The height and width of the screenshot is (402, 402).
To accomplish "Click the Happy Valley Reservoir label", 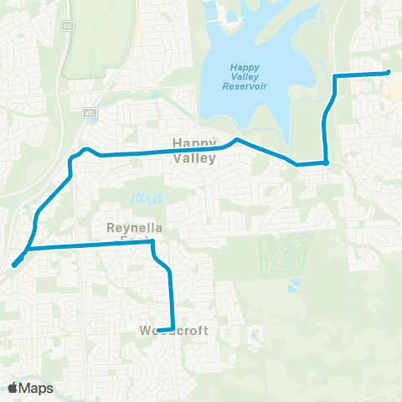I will pyautogui.click(x=246, y=77).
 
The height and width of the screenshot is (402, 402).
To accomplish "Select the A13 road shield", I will pyautogui.click(x=89, y=111).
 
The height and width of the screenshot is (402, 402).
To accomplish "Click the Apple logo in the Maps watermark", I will pyautogui.click(x=13, y=388).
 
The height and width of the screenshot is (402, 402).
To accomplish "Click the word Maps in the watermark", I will pyautogui.click(x=37, y=388).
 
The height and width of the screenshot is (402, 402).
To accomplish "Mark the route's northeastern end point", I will pyautogui.click(x=389, y=73).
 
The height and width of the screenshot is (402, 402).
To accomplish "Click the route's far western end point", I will pyautogui.click(x=15, y=265).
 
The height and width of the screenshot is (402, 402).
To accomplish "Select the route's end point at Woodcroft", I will pyautogui.click(x=159, y=329).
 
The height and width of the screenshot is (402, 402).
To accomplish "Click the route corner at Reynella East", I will pyautogui.click(x=152, y=243).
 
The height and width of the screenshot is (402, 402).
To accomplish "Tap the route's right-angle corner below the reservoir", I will pyautogui.click(x=326, y=163).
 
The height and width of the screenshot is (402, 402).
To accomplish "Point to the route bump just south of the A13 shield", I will pyautogui.click(x=85, y=150).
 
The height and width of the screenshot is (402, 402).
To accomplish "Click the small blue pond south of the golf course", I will pyautogui.click(x=292, y=286).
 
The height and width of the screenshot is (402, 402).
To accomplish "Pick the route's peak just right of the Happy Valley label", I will pyautogui.click(x=237, y=140).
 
